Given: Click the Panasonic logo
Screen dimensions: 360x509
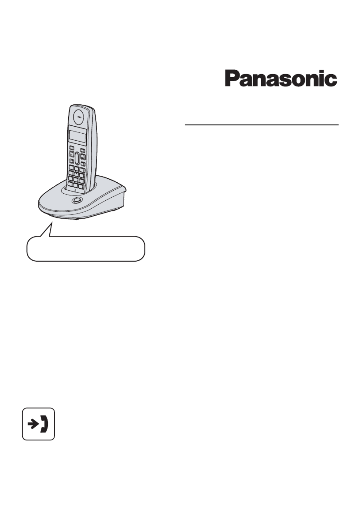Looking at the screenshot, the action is [281, 78].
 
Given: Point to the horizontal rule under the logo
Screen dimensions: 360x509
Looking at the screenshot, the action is [262, 125].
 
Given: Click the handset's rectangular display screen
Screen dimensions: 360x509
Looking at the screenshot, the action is [78, 137].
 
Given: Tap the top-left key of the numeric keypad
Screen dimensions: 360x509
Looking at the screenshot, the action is [71, 168].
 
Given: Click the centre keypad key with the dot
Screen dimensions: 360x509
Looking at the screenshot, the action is [76, 174].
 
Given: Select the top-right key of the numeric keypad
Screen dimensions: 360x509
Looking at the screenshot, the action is [82, 170].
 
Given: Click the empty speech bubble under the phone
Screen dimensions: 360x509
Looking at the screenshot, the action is [86, 249].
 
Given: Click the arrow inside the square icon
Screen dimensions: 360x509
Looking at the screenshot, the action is [33, 424].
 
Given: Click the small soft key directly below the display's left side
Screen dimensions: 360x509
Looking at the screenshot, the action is [72, 148].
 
